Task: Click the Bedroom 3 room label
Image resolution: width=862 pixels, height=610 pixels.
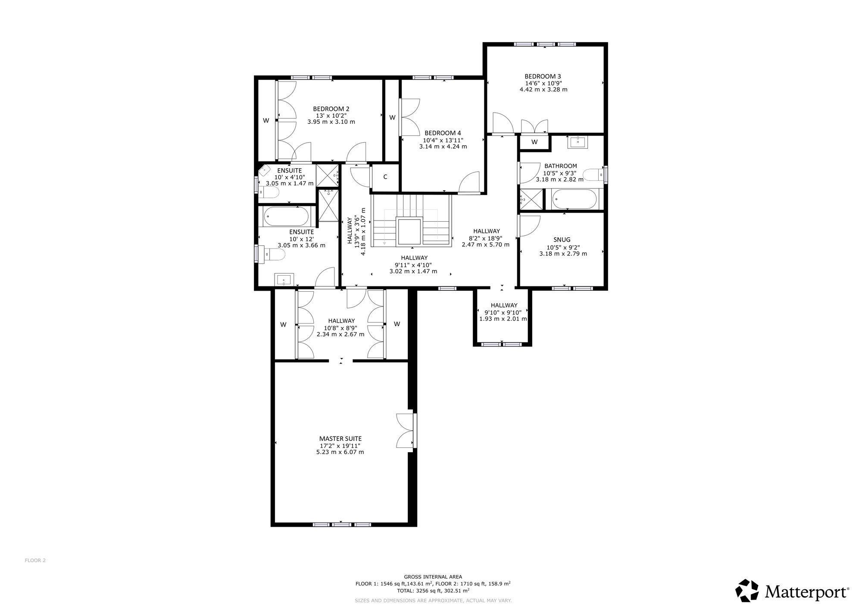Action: (x=543, y=76)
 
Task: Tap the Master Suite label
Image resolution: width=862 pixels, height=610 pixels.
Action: (x=340, y=439)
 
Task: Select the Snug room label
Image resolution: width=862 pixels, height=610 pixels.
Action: (x=562, y=240)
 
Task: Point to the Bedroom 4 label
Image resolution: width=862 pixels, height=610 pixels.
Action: (x=443, y=133)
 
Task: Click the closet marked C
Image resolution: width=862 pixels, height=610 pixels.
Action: (x=385, y=177)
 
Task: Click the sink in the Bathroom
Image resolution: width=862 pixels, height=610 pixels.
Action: (x=577, y=142)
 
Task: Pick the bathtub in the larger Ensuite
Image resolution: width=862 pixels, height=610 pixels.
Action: (x=286, y=216)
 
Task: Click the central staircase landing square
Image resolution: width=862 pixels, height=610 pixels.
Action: (x=409, y=232)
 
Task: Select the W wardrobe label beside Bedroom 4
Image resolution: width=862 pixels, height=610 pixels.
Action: (x=392, y=117)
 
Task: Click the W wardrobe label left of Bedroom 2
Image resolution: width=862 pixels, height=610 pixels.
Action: (x=266, y=121)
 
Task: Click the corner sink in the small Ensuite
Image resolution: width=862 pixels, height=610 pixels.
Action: (x=264, y=171)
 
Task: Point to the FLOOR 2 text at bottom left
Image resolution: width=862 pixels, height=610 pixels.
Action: (x=35, y=560)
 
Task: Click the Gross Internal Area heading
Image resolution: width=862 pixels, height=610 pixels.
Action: (x=433, y=576)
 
